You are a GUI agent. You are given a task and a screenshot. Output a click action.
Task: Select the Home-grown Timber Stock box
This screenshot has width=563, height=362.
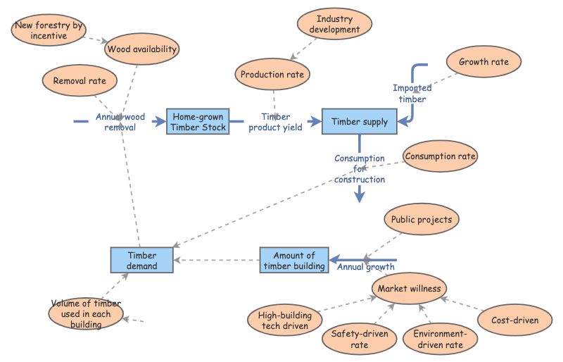click(x=198, y=121)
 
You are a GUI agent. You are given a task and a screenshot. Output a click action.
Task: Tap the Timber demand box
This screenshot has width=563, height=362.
click(x=141, y=260)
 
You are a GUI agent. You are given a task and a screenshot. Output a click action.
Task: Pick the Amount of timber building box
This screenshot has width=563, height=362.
click(x=294, y=261)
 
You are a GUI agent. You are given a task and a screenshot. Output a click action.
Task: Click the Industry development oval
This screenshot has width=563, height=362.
click(x=334, y=25)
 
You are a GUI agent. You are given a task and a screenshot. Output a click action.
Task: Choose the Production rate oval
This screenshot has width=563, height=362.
click(x=272, y=75)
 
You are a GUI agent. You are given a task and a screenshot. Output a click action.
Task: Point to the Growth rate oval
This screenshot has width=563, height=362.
click(x=483, y=62)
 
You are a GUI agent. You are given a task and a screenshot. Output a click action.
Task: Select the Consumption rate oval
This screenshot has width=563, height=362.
click(x=441, y=156)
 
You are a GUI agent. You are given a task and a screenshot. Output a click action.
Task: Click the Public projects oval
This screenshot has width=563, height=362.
click(x=421, y=219)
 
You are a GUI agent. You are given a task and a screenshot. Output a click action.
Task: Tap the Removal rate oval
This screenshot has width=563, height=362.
click(x=80, y=81)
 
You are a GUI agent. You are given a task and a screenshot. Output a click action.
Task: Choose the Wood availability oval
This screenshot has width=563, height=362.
click(x=141, y=49)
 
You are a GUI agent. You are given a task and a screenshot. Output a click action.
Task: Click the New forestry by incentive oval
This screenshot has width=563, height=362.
click(x=49, y=30)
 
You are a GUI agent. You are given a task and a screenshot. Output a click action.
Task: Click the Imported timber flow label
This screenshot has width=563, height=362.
click(x=412, y=94)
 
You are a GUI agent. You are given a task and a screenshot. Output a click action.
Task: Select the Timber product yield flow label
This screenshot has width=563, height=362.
click(x=275, y=122)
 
